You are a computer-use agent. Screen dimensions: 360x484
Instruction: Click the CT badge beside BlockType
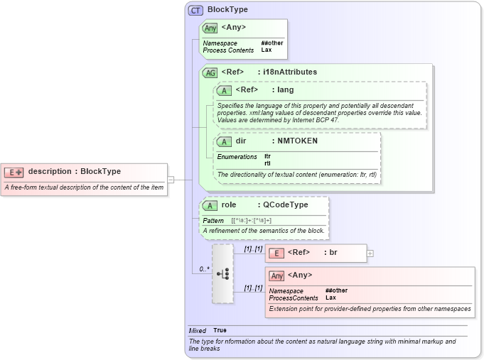[x=195, y=11]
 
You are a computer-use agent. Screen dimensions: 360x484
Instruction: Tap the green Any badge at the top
[x=210, y=28]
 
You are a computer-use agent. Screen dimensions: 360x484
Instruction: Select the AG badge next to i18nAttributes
[x=210, y=72]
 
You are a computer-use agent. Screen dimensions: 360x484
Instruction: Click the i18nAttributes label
[x=290, y=72]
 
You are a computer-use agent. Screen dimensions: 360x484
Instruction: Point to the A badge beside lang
[x=224, y=91]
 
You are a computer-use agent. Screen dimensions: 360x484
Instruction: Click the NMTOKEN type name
[x=297, y=141]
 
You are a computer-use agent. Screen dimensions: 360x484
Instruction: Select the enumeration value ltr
[x=267, y=156]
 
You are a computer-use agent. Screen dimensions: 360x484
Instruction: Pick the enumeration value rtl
[x=267, y=163]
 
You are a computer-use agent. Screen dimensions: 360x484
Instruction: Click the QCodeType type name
[x=286, y=205]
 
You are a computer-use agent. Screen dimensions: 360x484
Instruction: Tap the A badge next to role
[x=210, y=206]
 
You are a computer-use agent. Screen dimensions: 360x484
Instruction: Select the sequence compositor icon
[x=222, y=274]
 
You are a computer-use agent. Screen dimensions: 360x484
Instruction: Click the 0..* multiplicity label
[x=204, y=269]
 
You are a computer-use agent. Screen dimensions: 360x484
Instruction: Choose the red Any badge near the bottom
[x=276, y=276]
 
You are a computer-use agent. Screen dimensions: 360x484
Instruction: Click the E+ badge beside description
[x=14, y=172]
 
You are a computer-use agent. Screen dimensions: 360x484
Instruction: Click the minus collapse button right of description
[x=171, y=180]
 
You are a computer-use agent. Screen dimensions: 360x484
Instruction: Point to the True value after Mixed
[x=220, y=331]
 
